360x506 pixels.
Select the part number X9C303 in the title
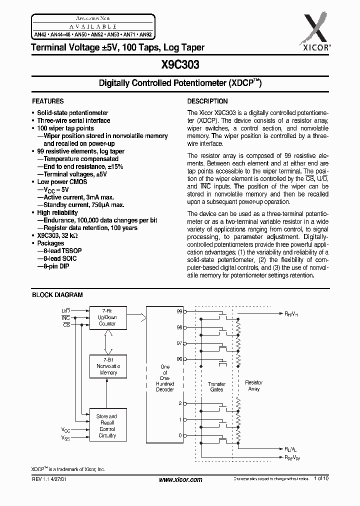pos(180,64)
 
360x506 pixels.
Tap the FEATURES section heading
pos(48,101)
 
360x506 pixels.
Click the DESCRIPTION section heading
pos(207,101)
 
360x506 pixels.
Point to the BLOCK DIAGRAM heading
pos(57,295)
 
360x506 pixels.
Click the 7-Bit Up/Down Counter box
pos(107,317)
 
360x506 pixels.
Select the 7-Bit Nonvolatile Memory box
pos(107,366)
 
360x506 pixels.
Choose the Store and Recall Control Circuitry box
pos(107,425)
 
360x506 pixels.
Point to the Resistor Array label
pos(253,385)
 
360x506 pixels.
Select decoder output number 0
pos(180,435)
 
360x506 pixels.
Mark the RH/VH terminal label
pos(291,314)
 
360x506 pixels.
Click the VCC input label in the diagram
pos(66,429)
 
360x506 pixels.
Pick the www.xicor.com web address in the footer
pos(180,479)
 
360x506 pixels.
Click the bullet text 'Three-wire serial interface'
pos(73,120)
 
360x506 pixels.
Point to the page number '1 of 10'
pos(322,479)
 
